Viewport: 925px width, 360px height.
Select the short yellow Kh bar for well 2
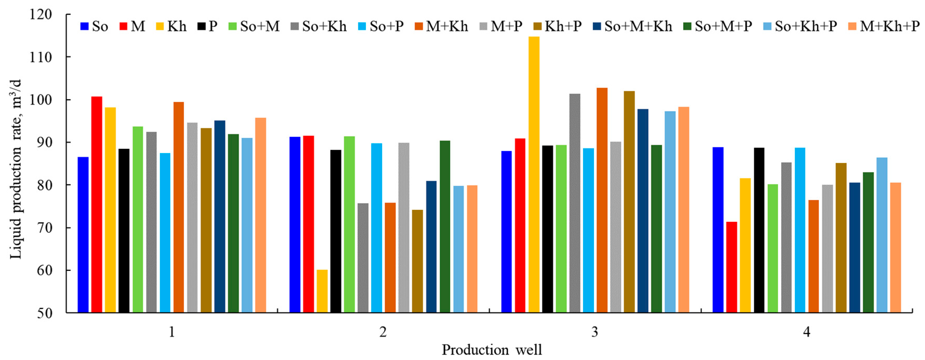tap(322, 291)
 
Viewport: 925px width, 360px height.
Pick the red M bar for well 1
tap(97, 205)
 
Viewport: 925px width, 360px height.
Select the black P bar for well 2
tap(336, 231)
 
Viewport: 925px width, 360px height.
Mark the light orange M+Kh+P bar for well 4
tap(896, 248)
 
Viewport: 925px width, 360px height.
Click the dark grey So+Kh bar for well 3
tap(574, 203)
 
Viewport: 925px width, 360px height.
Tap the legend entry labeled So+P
tap(381, 26)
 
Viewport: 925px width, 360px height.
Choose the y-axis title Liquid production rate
tap(16, 169)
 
